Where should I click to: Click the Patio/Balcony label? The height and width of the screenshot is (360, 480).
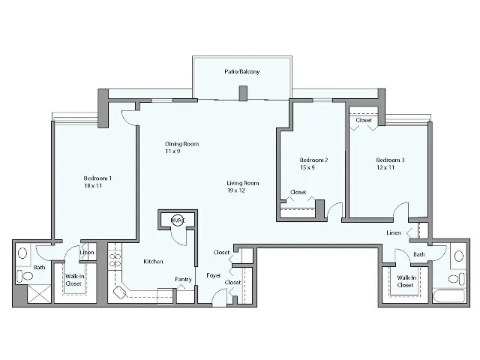[x=241, y=72]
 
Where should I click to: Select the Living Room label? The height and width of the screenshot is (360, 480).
[x=243, y=183]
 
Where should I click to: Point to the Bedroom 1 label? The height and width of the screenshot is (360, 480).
[x=97, y=178]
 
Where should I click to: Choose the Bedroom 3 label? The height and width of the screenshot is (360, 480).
[x=390, y=160]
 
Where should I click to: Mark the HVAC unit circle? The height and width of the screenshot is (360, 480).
[x=176, y=220]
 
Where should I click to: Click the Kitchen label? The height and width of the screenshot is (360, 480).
[x=154, y=262]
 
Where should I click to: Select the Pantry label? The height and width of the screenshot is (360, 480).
[x=183, y=280]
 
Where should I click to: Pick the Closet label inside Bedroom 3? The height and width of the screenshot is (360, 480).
[x=364, y=120]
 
